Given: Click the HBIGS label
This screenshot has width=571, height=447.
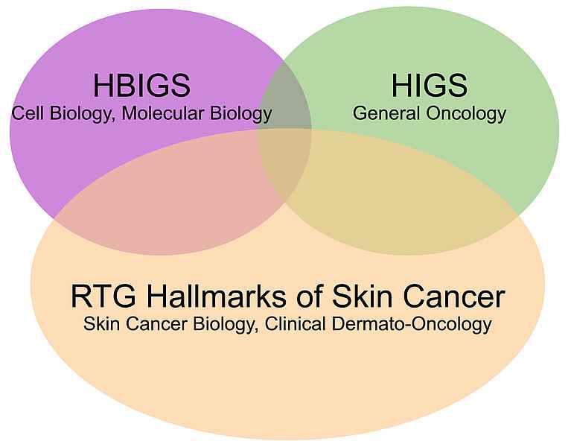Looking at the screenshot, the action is click(x=141, y=86).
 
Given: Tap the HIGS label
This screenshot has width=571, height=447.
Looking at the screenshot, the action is click(x=430, y=86).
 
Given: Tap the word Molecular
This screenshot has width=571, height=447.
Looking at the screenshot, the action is click(x=164, y=113).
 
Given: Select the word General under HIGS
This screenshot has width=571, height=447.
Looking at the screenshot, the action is click(x=386, y=113).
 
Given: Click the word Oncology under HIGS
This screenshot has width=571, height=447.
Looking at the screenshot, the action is click(x=467, y=114).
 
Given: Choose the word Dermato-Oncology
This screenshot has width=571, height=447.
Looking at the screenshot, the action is click(x=412, y=325).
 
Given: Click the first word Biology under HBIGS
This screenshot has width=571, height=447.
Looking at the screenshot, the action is click(x=80, y=114).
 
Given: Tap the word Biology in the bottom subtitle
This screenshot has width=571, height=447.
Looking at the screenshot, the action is click(x=223, y=325).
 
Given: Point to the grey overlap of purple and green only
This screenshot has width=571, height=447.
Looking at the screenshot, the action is click(x=285, y=98).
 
